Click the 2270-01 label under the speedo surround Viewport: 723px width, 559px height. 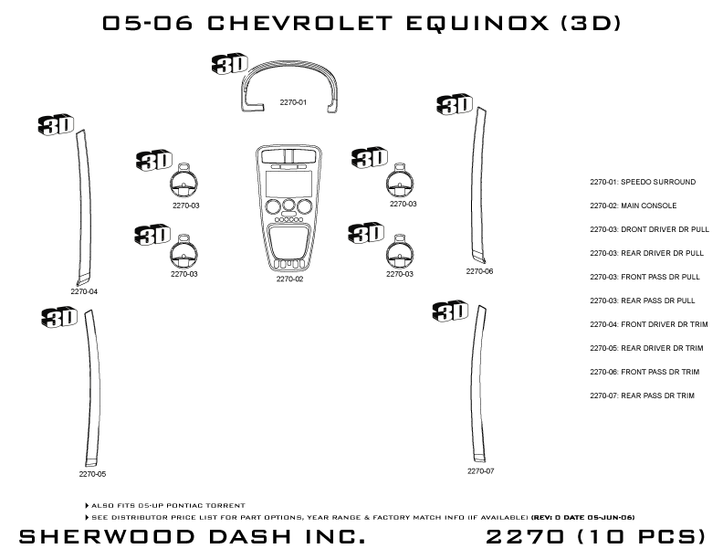(x=293, y=102)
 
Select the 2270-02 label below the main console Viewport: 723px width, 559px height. (x=289, y=279)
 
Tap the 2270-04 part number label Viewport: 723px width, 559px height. (x=84, y=291)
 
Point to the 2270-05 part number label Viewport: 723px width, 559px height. (x=92, y=474)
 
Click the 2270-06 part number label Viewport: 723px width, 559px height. (x=479, y=271)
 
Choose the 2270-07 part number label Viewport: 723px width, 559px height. (x=480, y=471)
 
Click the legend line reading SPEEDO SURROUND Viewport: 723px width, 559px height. (x=643, y=182)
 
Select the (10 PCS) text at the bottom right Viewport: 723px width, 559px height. (x=638, y=535)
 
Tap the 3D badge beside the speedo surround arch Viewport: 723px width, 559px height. (x=228, y=63)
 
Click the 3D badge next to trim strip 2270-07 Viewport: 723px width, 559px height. (x=451, y=311)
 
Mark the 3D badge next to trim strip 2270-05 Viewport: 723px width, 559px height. (x=59, y=316)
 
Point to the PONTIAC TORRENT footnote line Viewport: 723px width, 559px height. (x=168, y=505)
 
